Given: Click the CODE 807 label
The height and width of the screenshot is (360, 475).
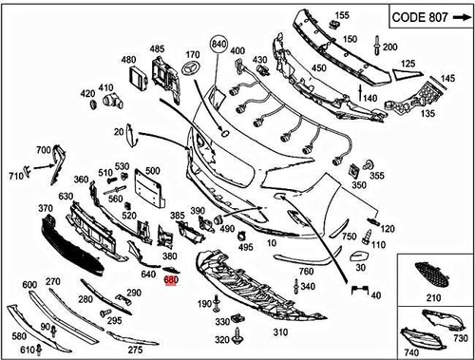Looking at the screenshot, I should click(427, 17).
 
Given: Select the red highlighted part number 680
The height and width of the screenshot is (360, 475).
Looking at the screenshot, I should click(171, 280).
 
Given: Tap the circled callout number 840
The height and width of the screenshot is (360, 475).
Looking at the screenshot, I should click(219, 46).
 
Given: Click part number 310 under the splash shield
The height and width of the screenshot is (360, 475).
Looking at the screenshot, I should click(279, 333).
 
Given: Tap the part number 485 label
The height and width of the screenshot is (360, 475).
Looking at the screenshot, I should click(157, 47).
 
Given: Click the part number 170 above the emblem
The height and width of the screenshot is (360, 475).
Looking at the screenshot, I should click(193, 54).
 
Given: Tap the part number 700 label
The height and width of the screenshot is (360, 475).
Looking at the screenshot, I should click(44, 150).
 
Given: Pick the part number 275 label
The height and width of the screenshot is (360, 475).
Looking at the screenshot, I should click(135, 350).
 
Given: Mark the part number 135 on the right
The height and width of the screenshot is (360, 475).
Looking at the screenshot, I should click(427, 113).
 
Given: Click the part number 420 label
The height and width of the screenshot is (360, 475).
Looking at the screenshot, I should click(87, 93).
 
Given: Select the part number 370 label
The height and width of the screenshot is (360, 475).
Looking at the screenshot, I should click(45, 208).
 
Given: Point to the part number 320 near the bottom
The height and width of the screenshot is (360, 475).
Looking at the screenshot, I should click(221, 339).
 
